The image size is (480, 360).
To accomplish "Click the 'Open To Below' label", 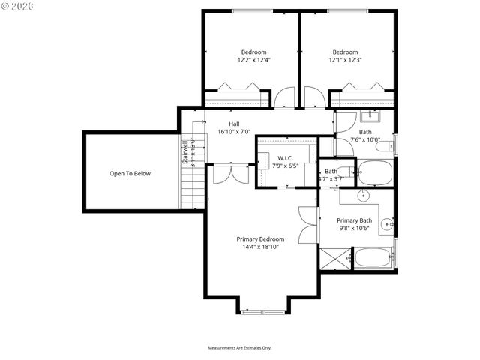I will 130,173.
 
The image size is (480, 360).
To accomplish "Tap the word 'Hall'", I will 234,124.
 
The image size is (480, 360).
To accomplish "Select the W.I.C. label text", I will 284,157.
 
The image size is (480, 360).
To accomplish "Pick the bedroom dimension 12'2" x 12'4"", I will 253,60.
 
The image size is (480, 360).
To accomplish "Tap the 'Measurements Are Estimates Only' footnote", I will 239,348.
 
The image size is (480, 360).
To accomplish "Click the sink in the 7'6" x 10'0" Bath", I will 369,116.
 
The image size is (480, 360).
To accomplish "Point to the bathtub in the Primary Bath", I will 373,258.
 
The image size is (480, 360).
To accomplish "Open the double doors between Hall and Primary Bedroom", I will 226,173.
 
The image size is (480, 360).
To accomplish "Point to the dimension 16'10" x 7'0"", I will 234,132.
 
